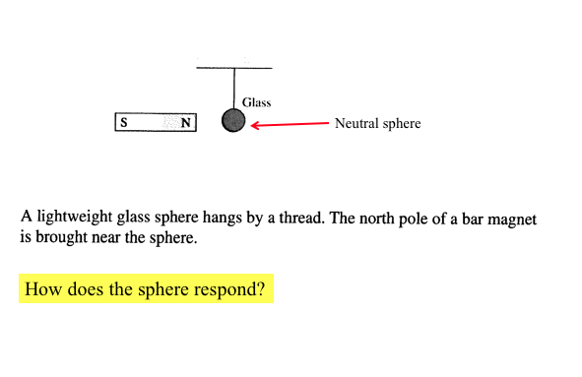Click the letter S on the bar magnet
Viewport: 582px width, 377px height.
pyautogui.click(x=124, y=123)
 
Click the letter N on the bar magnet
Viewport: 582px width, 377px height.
pyautogui.click(x=185, y=123)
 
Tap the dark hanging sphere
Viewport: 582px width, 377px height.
pyautogui.click(x=233, y=121)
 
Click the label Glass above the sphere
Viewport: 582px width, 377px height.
pyautogui.click(x=256, y=102)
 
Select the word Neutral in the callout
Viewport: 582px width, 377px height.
pyautogui.click(x=357, y=124)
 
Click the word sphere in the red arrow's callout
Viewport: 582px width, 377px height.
pyautogui.click(x=402, y=124)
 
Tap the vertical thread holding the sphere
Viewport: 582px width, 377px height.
pyautogui.click(x=233, y=89)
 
